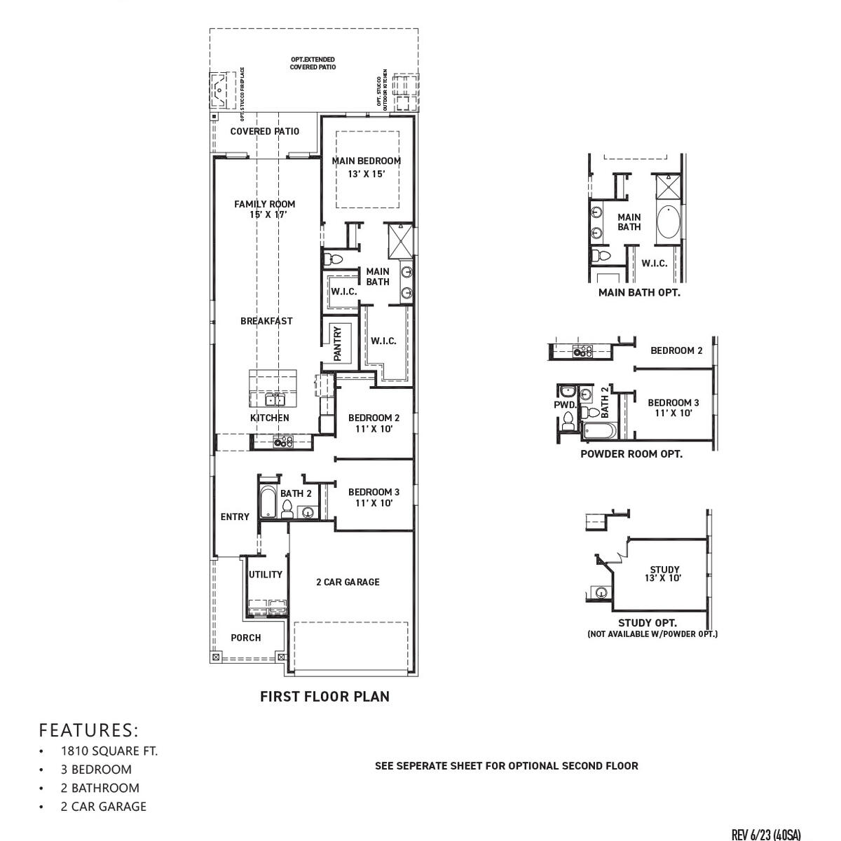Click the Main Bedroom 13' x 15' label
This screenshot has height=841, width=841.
[366, 167]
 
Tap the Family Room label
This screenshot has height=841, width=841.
[264, 209]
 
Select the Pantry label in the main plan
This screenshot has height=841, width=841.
[337, 343]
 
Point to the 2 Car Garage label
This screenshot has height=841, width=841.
[348, 582]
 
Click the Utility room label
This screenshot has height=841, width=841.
[266, 575]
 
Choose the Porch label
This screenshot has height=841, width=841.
[245, 638]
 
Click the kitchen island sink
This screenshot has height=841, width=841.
[275, 399]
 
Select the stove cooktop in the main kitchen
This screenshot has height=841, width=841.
[282, 442]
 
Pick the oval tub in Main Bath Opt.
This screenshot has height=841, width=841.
[668, 224]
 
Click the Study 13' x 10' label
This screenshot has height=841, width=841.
[664, 574]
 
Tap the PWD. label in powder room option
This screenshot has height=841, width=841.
[565, 405]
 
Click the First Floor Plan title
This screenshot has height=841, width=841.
[324, 697]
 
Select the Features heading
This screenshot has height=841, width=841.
[89, 730]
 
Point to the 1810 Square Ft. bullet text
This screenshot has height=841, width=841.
[109, 751]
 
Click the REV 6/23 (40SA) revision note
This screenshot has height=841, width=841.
[765, 835]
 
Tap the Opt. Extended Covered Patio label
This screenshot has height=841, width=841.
[313, 63]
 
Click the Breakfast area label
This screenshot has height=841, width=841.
[266, 321]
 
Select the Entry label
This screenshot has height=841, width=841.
[235, 517]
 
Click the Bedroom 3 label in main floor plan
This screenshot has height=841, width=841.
[374, 497]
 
